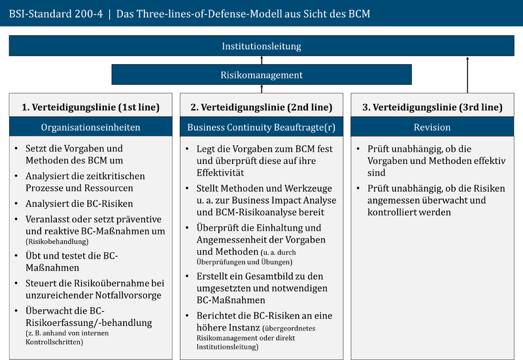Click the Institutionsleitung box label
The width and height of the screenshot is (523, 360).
pyautogui.click(x=261, y=46)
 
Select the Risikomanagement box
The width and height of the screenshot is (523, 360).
pyautogui.click(x=261, y=74)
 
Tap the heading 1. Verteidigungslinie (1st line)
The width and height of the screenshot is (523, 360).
pyautogui.click(x=91, y=107)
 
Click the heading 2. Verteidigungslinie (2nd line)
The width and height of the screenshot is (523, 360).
pyautogui.click(x=261, y=107)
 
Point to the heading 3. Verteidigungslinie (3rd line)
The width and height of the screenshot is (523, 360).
pyautogui.click(x=432, y=107)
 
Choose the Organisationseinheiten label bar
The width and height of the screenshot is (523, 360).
pyautogui.click(x=91, y=127)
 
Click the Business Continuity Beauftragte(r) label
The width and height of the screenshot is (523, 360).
pyautogui.click(x=261, y=127)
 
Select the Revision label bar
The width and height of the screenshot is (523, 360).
pyautogui.click(x=432, y=127)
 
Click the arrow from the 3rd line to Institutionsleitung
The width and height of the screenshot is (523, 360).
pyautogui.click(x=467, y=75)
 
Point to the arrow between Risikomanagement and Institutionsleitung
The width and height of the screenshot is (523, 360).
pyautogui.click(x=261, y=60)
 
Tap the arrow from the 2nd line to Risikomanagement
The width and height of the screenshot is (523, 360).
pyautogui.click(x=261, y=89)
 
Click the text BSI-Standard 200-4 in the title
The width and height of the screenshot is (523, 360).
pyautogui.click(x=56, y=14)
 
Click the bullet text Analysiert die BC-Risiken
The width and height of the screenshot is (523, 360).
pyautogui.click(x=79, y=203)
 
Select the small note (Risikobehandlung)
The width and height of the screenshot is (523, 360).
pyautogui.click(x=57, y=241)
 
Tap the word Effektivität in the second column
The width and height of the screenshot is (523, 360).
pyautogui.click(x=220, y=172)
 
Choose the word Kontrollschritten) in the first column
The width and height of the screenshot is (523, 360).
pyautogui.click(x=54, y=342)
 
